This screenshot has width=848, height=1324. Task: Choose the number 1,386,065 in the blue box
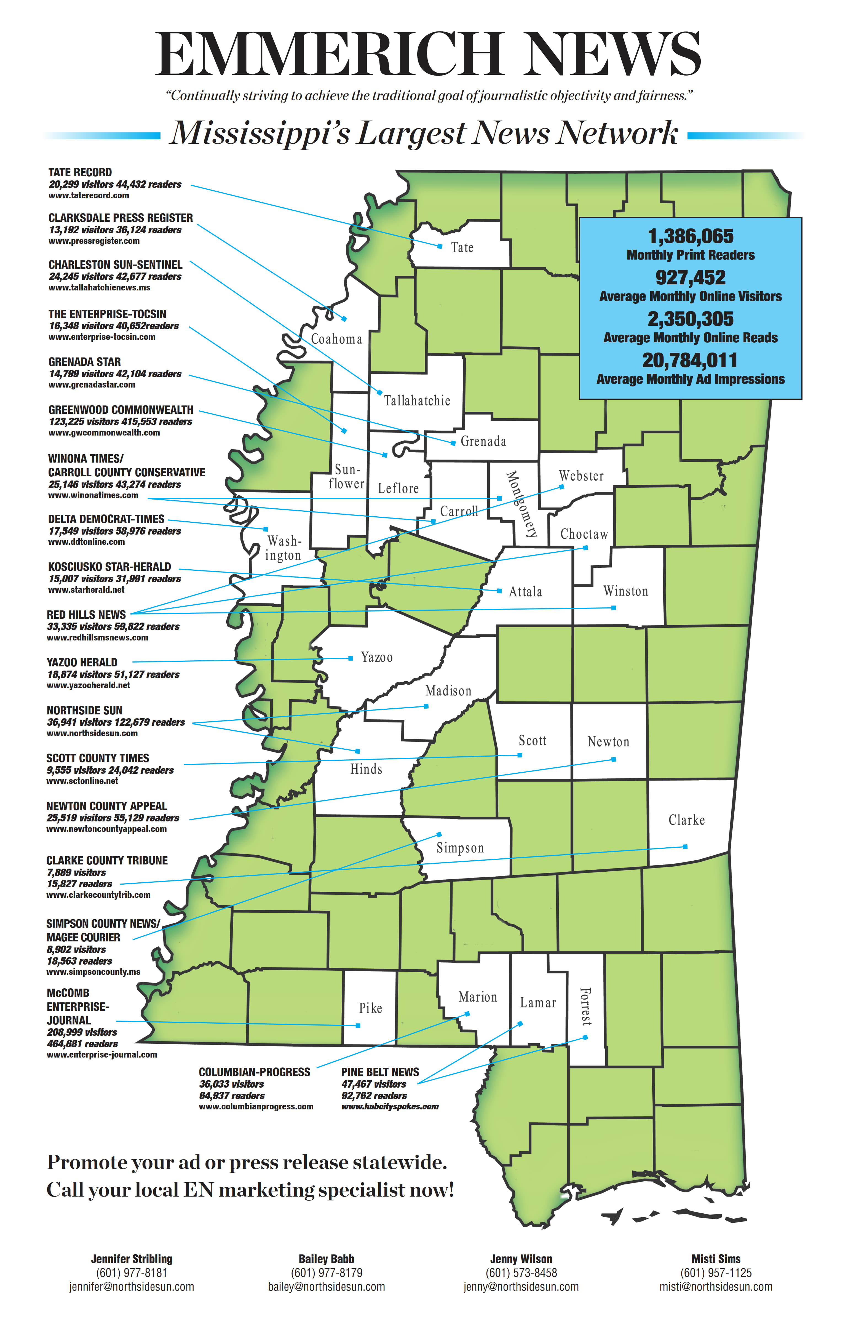tap(691, 237)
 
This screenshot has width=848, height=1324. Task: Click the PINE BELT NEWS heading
tap(380, 1072)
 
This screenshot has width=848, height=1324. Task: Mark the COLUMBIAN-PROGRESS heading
tap(254, 1072)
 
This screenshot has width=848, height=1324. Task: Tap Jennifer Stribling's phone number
tap(132, 1273)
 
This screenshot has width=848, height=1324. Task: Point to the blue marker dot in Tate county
tap(440, 246)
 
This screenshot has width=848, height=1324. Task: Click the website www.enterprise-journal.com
tap(102, 1055)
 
